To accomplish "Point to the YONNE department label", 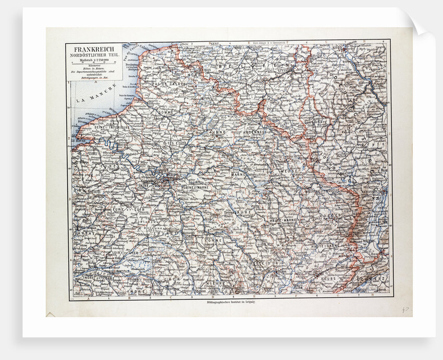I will [213, 241].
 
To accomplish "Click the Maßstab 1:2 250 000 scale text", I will [94, 61].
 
